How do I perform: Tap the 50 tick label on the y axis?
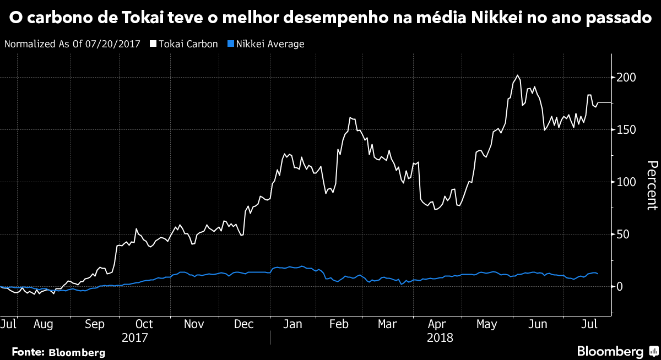(622, 234)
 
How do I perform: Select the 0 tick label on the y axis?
(620, 287)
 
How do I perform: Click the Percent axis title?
(652, 185)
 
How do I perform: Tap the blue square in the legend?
(231, 44)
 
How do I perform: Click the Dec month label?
(243, 324)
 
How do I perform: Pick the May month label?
(487, 324)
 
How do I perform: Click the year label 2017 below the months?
(135, 337)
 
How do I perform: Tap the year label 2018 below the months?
(440, 337)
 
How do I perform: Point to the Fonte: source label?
(29, 352)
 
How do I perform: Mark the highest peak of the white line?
(517, 75)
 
